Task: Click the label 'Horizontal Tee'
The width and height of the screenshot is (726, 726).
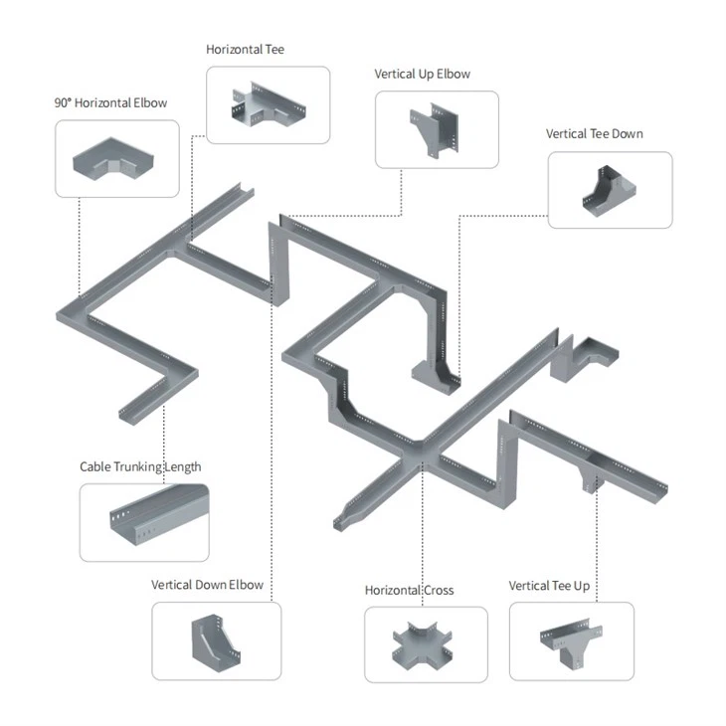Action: tap(246, 49)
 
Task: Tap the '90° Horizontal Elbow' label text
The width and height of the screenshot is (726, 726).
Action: tap(110, 102)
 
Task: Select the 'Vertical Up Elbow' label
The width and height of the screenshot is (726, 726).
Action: tap(422, 74)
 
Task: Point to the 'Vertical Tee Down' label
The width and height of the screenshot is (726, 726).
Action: tap(595, 133)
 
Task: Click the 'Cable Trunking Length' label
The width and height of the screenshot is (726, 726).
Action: tap(140, 466)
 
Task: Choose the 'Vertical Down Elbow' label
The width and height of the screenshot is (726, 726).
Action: tap(207, 584)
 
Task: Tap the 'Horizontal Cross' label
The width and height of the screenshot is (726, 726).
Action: tap(409, 590)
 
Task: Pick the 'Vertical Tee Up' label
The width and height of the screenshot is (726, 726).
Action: tap(549, 585)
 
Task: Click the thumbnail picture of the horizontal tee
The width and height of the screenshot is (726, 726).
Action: tap(268, 104)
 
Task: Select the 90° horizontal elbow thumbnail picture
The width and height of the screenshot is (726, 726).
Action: tap(116, 158)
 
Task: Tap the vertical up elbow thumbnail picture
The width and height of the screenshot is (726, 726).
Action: tap(437, 130)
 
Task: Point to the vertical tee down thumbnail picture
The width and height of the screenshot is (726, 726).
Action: tap(609, 190)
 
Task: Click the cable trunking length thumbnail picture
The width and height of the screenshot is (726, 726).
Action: tap(144, 522)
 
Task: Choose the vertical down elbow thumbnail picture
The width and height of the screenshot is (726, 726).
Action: tap(216, 641)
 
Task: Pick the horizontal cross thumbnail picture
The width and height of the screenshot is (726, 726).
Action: tap(425, 645)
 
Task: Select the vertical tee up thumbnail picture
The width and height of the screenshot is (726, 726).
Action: tap(571, 641)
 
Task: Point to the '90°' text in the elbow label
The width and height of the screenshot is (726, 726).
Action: tap(63, 102)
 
